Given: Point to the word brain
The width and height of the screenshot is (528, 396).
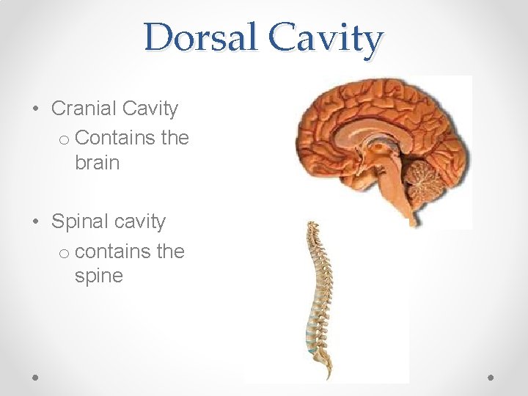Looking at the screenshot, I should pos(97,162).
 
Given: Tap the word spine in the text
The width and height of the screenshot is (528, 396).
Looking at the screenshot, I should pos(98,276).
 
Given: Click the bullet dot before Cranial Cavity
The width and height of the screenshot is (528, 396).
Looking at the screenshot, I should pos(36,110).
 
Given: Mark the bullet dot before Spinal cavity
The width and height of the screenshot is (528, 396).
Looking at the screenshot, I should pos(36,223).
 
